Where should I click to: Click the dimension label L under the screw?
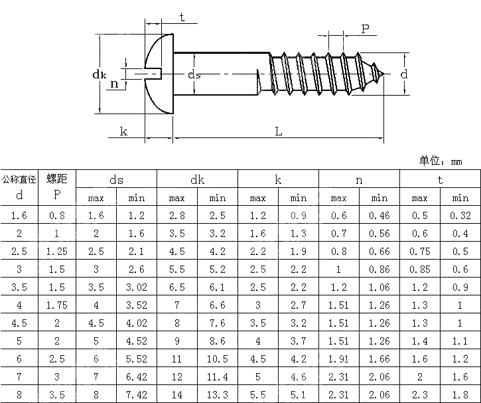[x=279, y=131]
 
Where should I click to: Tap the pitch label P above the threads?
[x=365, y=29]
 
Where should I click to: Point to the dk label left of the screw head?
[x=100, y=75]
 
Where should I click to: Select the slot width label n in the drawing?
[x=114, y=84]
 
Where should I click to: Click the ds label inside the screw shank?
[x=194, y=74]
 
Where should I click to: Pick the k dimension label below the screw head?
[x=123, y=131]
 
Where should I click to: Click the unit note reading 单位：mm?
[x=440, y=161]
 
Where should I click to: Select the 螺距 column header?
[x=57, y=179]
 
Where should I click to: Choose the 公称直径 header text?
[x=19, y=179]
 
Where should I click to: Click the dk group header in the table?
[x=197, y=179]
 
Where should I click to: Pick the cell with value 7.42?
[x=137, y=394]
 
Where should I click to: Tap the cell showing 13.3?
[x=218, y=394]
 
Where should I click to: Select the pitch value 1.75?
[x=57, y=305]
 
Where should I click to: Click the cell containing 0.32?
[x=460, y=215]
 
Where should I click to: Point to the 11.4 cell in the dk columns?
[x=218, y=376]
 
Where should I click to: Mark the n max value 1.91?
[x=338, y=359]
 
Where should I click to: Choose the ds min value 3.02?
[x=137, y=287]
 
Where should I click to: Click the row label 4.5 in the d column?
[x=19, y=323]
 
